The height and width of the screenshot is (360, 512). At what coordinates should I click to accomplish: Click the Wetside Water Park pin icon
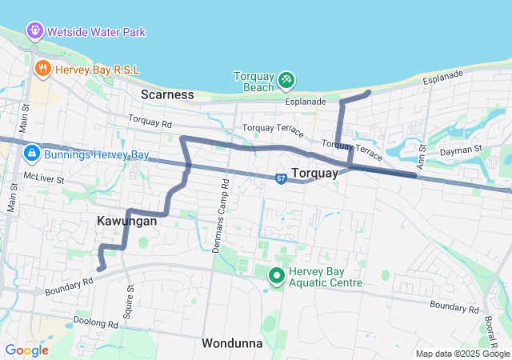pyautogui.click(x=35, y=31)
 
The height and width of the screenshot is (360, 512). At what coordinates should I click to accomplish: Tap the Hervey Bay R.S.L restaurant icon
pyautogui.click(x=43, y=70)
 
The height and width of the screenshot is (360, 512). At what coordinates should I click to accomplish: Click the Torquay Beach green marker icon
pyautogui.click(x=286, y=80)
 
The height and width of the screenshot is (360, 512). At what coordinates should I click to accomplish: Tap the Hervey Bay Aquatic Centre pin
pyautogui.click(x=277, y=276)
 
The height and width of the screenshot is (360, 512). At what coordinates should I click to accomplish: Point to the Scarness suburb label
pyautogui.click(x=167, y=94)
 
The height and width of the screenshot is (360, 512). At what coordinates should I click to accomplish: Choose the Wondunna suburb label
pyautogui.click(x=232, y=343)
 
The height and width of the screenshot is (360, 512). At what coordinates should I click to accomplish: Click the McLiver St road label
pyautogui.click(x=44, y=178)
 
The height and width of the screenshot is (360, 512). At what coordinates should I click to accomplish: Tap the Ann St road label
pyautogui.click(x=422, y=145)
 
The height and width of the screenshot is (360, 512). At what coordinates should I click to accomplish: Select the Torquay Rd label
pyautogui.click(x=150, y=124)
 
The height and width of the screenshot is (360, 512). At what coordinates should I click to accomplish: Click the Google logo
pyautogui.click(x=26, y=350)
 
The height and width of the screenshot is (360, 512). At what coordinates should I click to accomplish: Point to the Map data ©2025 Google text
pyautogui.click(x=462, y=354)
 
